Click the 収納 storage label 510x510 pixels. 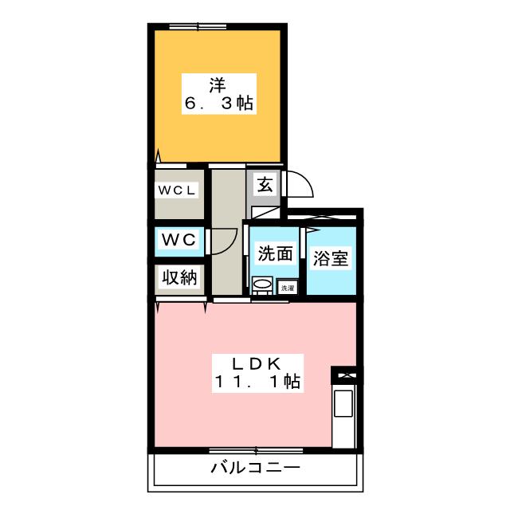pyautogui.click(x=179, y=278)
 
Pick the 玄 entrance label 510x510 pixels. pyautogui.click(x=265, y=185)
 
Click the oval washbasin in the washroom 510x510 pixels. pyautogui.click(x=261, y=284)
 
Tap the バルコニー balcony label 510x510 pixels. pyautogui.click(x=255, y=467)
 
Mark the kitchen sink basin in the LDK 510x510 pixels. pyautogui.click(x=345, y=403)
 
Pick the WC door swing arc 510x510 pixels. pyautogui.click(x=222, y=240)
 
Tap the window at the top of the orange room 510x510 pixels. pyautogui.click(x=199, y=26)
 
